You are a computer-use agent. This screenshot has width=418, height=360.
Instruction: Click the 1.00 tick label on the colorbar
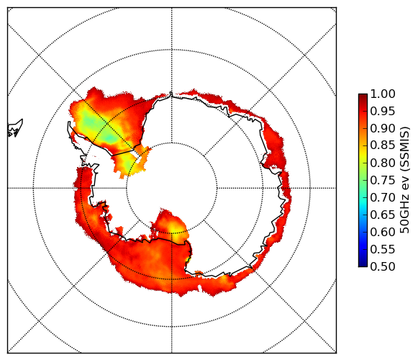click(x=383, y=94)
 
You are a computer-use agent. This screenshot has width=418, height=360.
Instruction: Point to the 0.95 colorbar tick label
click(x=383, y=112)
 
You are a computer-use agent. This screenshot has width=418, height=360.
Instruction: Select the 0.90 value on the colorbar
click(x=383, y=128)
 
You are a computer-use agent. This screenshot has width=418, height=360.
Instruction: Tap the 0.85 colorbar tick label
click(x=383, y=145)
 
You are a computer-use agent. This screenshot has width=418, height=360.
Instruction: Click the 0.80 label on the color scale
click(x=383, y=163)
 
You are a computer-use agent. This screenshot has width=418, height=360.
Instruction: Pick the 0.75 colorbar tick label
click(x=383, y=180)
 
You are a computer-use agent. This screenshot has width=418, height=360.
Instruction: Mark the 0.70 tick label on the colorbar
click(x=383, y=197)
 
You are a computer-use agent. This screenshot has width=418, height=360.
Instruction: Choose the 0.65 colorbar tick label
click(x=383, y=215)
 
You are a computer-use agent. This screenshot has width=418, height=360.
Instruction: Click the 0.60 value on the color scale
click(x=383, y=232)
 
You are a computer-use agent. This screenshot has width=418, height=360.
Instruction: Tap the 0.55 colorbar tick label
click(x=383, y=249)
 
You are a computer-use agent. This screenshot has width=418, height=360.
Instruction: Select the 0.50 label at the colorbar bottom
click(x=383, y=266)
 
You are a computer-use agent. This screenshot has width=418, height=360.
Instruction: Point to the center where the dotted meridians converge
click(x=172, y=188)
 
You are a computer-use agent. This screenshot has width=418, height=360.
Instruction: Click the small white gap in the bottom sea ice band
click(x=199, y=288)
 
